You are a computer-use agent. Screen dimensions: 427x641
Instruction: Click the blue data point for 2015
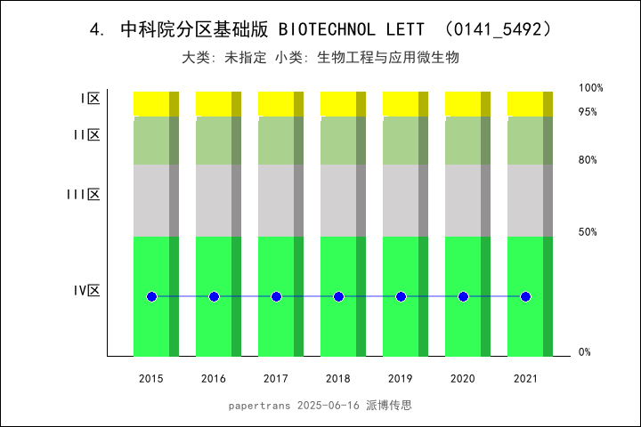tap(151, 296)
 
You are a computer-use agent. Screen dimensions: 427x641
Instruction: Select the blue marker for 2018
tap(338, 296)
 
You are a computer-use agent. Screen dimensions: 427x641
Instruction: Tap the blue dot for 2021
tap(525, 296)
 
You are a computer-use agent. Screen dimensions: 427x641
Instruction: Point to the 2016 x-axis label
tap(214, 379)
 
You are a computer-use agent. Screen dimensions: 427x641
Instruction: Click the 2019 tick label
tap(401, 379)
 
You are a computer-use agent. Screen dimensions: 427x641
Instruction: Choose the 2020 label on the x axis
tap(463, 379)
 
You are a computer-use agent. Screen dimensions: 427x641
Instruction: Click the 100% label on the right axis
tap(591, 88)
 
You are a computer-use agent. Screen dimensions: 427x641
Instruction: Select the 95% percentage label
tap(588, 112)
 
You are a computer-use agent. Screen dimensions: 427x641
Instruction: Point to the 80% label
tap(588, 160)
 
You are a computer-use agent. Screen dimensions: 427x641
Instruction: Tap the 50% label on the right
tap(588, 232)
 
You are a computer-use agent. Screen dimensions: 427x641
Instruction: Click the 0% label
tap(585, 352)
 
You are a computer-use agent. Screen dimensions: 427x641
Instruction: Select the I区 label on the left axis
tap(90, 99)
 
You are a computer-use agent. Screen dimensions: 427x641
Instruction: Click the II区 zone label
tap(86, 135)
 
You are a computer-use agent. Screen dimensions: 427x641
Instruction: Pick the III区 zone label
tap(84, 194)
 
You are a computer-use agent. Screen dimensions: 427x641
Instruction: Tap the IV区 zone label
tap(86, 290)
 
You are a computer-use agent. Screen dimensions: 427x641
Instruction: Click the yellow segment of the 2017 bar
tap(276, 103)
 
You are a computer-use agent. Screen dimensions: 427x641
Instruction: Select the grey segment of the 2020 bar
tap(463, 200)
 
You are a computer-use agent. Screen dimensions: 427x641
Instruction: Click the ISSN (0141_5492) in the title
tap(502, 29)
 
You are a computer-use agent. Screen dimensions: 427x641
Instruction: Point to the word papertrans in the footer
tap(259, 405)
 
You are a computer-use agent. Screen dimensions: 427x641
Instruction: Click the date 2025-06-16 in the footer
tap(328, 405)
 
